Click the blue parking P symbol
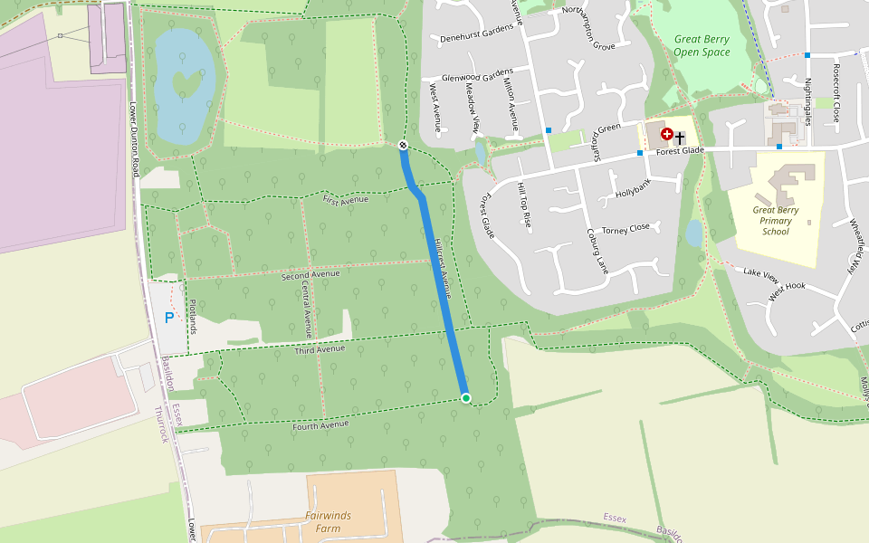[x=169, y=318]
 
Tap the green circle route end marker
[x=466, y=398]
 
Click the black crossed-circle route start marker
[x=403, y=146]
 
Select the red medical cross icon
[x=667, y=135]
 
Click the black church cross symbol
[x=680, y=138]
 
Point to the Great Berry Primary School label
[x=776, y=221]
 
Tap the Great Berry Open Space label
[x=702, y=45]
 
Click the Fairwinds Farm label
[x=328, y=521]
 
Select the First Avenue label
[x=346, y=199]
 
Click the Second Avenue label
[x=310, y=274]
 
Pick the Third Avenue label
[x=320, y=348]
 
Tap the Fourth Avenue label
[x=320, y=424]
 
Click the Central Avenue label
[x=308, y=309]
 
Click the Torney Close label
[x=625, y=228]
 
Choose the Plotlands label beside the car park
[x=192, y=312]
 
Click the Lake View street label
[x=760, y=271]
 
